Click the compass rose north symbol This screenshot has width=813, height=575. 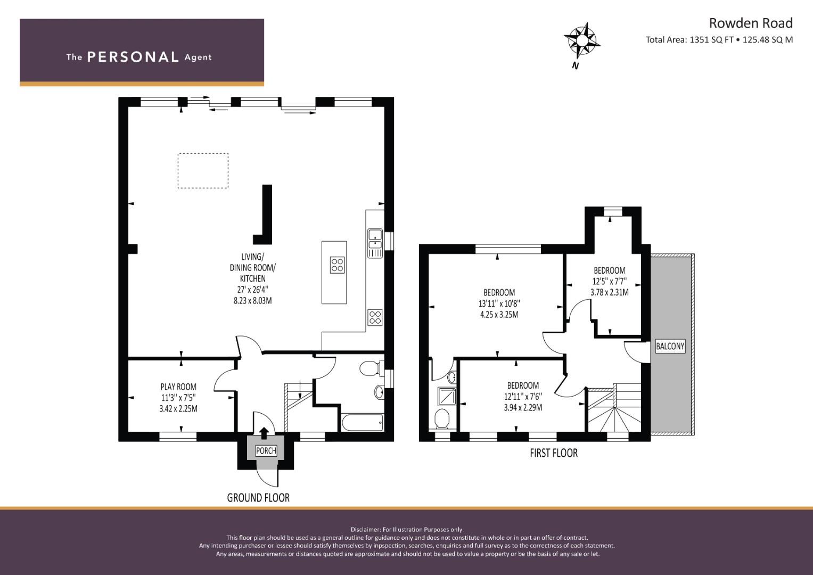coord(581,40)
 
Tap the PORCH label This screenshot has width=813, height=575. coord(266,451)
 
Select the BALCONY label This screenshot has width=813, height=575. coord(670,346)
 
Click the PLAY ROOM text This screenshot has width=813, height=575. coord(178,387)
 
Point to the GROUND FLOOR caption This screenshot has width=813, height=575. coord(258,498)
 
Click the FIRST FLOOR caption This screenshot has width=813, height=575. coord(554,453)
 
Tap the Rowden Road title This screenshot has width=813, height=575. coord(751,23)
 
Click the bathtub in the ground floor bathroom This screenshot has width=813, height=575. coord(362,423)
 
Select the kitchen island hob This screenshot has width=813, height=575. coord(337,265)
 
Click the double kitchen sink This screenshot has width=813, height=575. coord(375,243)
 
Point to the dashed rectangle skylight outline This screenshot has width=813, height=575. coord(203,170)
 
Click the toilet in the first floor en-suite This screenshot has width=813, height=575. coord(443,418)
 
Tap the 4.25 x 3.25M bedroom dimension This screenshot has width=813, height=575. coord(499,314)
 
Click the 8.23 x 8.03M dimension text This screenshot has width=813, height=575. coord(252,301)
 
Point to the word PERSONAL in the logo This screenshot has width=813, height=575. coord(133,57)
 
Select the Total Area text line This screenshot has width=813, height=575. coord(719,39)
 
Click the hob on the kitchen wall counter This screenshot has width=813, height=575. coord(375,317)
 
